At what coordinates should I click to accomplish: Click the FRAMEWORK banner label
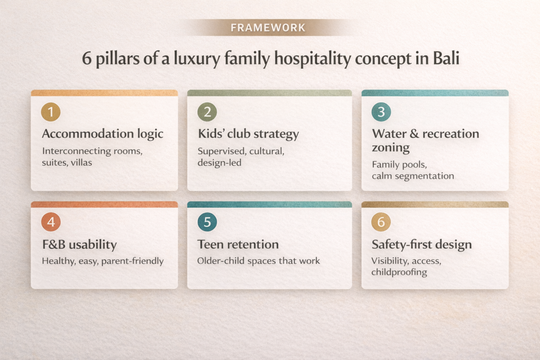tap(268, 27)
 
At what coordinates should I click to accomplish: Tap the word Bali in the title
tap(446, 58)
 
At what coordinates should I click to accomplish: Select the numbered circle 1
tap(51, 112)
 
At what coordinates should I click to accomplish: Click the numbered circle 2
tap(207, 112)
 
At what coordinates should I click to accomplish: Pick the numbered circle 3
tap(381, 112)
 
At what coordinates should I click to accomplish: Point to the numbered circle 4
tap(51, 222)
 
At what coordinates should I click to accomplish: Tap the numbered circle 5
tap(207, 222)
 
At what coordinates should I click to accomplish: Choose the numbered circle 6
tap(381, 222)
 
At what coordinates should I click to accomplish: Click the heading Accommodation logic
tap(102, 134)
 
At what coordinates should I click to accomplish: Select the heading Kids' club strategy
tap(248, 134)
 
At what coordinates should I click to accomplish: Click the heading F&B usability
tap(79, 245)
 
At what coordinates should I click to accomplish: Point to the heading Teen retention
tap(238, 245)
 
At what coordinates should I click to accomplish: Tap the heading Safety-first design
tap(421, 245)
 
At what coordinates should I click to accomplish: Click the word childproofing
tap(399, 273)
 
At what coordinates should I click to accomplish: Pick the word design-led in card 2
tap(219, 162)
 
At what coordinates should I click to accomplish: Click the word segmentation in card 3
tap(421, 176)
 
